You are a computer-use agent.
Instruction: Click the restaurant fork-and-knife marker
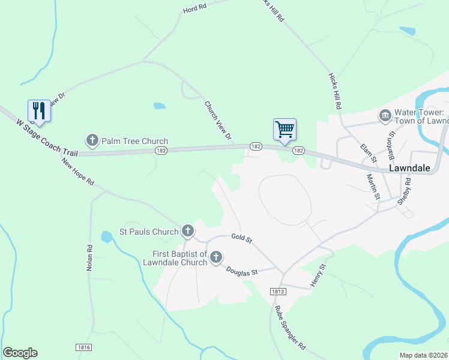click(x=39, y=111)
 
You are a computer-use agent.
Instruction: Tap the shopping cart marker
click(x=285, y=128)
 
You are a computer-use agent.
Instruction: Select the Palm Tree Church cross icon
click(x=92, y=141)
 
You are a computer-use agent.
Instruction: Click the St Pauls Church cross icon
click(x=188, y=231)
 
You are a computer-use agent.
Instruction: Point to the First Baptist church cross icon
click(x=215, y=257)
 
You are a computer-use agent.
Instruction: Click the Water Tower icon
click(x=385, y=115)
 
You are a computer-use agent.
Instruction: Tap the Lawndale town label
click(x=409, y=168)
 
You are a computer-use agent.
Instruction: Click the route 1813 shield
click(x=277, y=292)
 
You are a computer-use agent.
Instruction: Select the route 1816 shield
click(x=84, y=347)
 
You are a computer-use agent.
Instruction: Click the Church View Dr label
click(x=218, y=121)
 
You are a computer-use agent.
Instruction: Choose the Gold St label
click(x=242, y=238)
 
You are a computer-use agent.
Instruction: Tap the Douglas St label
click(x=241, y=271)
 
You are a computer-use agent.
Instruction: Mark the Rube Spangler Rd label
click(x=290, y=328)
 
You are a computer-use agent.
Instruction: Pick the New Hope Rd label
click(x=78, y=172)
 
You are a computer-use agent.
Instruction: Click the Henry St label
click(x=318, y=274)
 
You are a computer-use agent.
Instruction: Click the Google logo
click(x=20, y=353)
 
